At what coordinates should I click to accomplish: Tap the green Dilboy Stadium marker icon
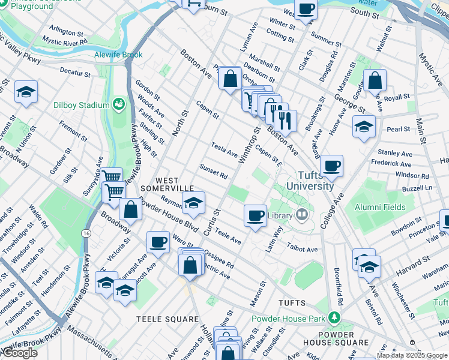click(119, 105)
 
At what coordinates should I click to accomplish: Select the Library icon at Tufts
click(302, 214)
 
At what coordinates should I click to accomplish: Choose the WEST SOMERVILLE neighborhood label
click(167, 184)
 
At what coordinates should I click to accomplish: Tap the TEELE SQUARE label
click(167, 319)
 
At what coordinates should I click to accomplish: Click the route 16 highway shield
click(88, 233)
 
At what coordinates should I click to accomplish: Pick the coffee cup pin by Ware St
click(158, 242)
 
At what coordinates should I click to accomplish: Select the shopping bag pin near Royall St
click(375, 80)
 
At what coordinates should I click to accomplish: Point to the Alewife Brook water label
click(118, 55)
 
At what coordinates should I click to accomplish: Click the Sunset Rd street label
click(214, 172)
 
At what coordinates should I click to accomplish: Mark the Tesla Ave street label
click(224, 148)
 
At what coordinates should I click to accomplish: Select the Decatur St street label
click(75, 74)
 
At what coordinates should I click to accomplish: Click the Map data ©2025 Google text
click(412, 355)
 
